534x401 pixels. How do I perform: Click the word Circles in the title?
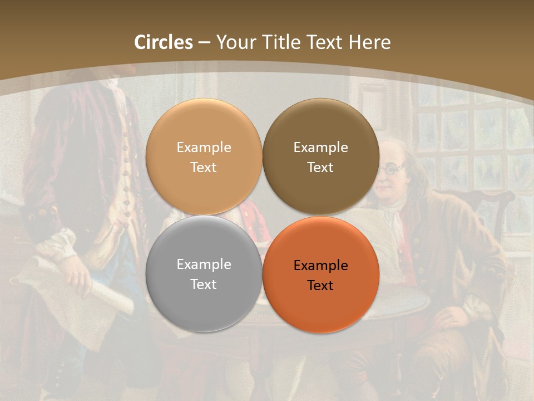163,42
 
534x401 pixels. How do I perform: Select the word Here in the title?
369,42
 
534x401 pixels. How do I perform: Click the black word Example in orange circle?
320,266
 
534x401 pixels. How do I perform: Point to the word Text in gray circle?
204,285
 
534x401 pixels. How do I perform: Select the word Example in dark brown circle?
320,148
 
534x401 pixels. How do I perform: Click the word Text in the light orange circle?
204,168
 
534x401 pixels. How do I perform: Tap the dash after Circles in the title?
204,42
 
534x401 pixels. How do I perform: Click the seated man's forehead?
396,153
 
